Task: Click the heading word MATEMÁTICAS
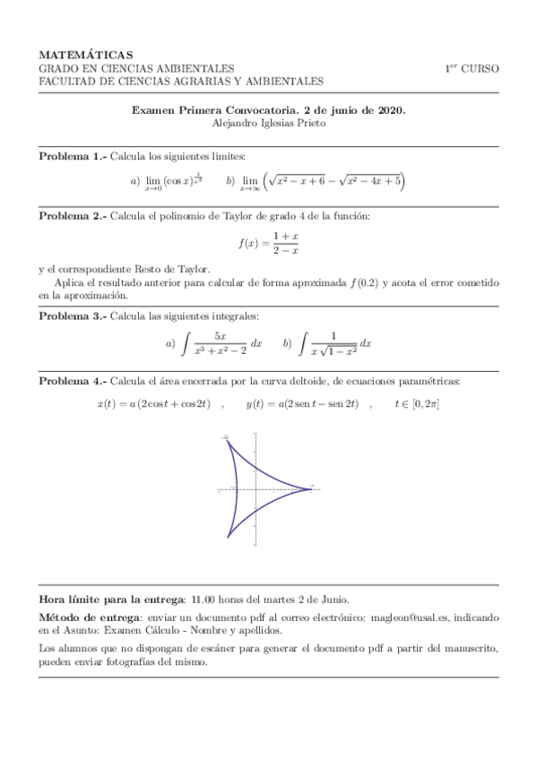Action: click(x=85, y=55)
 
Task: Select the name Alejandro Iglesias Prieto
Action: click(x=268, y=125)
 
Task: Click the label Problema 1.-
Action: click(x=72, y=157)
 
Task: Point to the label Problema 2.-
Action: click(x=72, y=216)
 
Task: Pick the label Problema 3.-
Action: click(x=72, y=315)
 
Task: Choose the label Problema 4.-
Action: click(x=72, y=382)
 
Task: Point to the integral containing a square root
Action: click(x=335, y=343)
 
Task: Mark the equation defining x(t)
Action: click(x=152, y=405)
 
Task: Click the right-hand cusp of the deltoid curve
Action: click(x=312, y=489)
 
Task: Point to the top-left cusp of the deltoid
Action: click(x=227, y=438)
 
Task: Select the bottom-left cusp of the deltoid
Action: click(x=227, y=540)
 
